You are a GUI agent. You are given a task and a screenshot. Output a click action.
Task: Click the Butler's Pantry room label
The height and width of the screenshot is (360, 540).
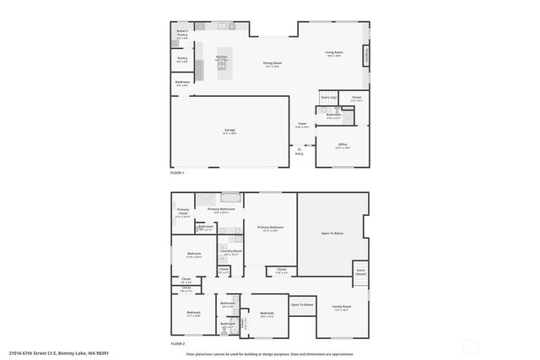point(182,33)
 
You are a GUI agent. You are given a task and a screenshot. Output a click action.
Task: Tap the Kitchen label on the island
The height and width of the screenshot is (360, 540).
point(222,57)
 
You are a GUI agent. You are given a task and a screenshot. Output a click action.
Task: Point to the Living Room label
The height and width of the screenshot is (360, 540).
point(335,53)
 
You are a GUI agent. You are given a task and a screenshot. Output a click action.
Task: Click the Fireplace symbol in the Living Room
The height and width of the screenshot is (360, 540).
point(366,56)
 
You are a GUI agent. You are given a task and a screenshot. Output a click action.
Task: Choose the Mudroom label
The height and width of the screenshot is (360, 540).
point(182,83)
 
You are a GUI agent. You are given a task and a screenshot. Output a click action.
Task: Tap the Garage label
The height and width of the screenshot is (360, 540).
point(229,131)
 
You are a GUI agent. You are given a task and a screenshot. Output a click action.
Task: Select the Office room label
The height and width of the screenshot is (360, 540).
point(343,145)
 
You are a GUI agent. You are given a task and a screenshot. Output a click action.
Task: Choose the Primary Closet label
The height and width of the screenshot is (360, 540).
point(183,213)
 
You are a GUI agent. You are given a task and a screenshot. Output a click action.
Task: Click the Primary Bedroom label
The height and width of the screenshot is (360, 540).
point(270,228)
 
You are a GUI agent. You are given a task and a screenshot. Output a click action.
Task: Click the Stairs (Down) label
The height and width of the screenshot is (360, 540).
point(360,271)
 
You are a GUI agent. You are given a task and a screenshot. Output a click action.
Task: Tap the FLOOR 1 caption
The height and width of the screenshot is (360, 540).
point(177,172)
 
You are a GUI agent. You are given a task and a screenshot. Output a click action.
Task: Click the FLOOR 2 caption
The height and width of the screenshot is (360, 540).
point(177,344)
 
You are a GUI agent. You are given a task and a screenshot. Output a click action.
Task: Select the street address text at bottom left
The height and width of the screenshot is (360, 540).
point(59,353)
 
